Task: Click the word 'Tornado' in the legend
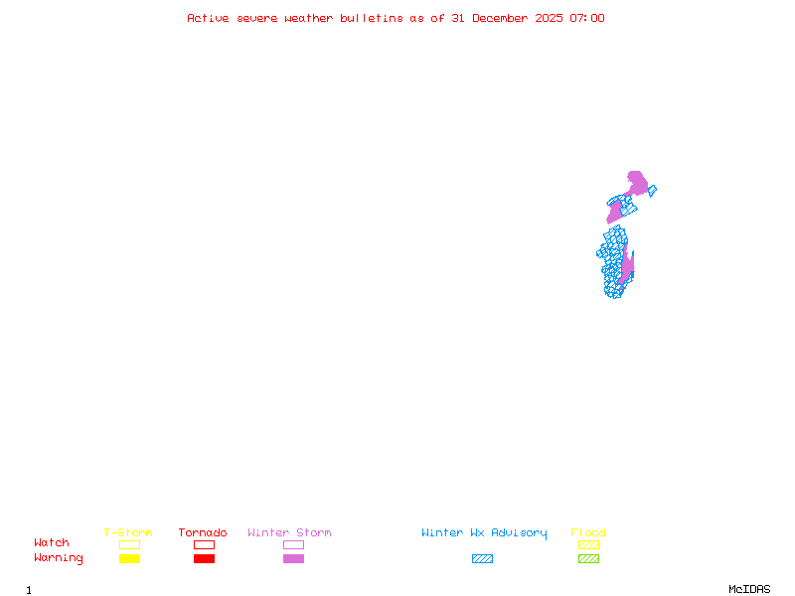tap(203, 533)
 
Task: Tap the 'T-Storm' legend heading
tap(128, 533)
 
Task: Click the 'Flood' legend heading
tap(588, 533)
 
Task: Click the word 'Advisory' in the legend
tap(519, 533)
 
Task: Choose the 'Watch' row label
tap(52, 543)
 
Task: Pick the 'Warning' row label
tap(59, 558)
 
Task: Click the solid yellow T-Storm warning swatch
tap(129, 559)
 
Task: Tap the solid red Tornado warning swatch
tap(204, 559)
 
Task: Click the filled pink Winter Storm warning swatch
tap(293, 559)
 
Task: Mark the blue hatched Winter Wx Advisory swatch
tap(482, 559)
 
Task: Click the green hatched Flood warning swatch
tap(588, 559)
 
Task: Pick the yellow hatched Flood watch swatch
tap(588, 545)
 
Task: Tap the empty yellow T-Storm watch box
tap(129, 545)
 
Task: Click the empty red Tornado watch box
tap(204, 545)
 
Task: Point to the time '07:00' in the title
tap(587, 18)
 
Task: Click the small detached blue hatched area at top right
tap(652, 191)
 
